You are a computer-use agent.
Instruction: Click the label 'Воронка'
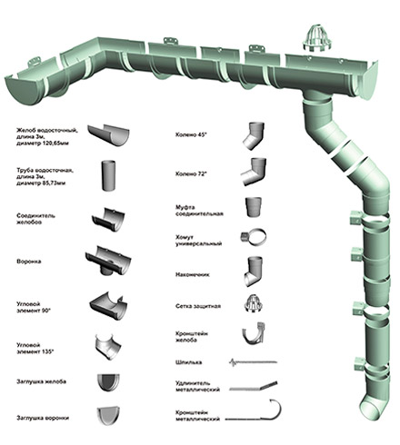[29, 262]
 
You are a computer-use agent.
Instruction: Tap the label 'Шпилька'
[188, 362]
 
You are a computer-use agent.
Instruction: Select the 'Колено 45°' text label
[191, 134]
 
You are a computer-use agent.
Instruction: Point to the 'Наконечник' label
[193, 274]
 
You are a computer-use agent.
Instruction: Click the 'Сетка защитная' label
[198, 306]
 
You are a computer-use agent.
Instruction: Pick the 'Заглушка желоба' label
[41, 381]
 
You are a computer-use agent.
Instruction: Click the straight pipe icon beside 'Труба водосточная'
[108, 175]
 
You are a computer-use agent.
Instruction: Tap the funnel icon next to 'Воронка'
[108, 261]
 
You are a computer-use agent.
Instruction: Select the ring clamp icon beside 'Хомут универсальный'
[254, 237]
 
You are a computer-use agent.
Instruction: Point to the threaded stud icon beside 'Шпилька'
[253, 361]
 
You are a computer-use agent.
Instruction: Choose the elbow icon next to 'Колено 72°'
[255, 172]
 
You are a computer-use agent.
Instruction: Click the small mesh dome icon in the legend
[254, 303]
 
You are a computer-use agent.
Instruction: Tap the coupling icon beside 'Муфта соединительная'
[254, 207]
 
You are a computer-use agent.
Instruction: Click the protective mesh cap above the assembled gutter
[316, 38]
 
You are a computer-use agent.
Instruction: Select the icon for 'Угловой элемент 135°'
[108, 347]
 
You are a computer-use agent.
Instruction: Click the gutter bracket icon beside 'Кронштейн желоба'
[254, 333]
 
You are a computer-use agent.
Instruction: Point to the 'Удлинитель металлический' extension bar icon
[254, 386]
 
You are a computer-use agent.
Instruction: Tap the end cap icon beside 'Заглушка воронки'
[108, 416]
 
